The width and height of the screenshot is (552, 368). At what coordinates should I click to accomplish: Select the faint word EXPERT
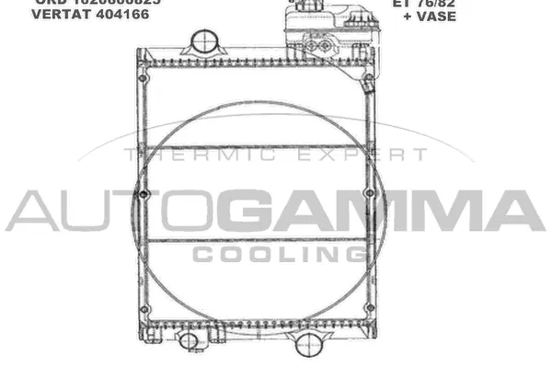327,156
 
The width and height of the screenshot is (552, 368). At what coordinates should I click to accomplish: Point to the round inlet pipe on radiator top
204,44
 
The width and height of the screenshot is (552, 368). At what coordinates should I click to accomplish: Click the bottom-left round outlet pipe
188,340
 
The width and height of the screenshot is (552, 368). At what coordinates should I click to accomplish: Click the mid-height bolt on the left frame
143,194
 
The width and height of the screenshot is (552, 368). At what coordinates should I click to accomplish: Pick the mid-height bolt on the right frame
369,193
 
